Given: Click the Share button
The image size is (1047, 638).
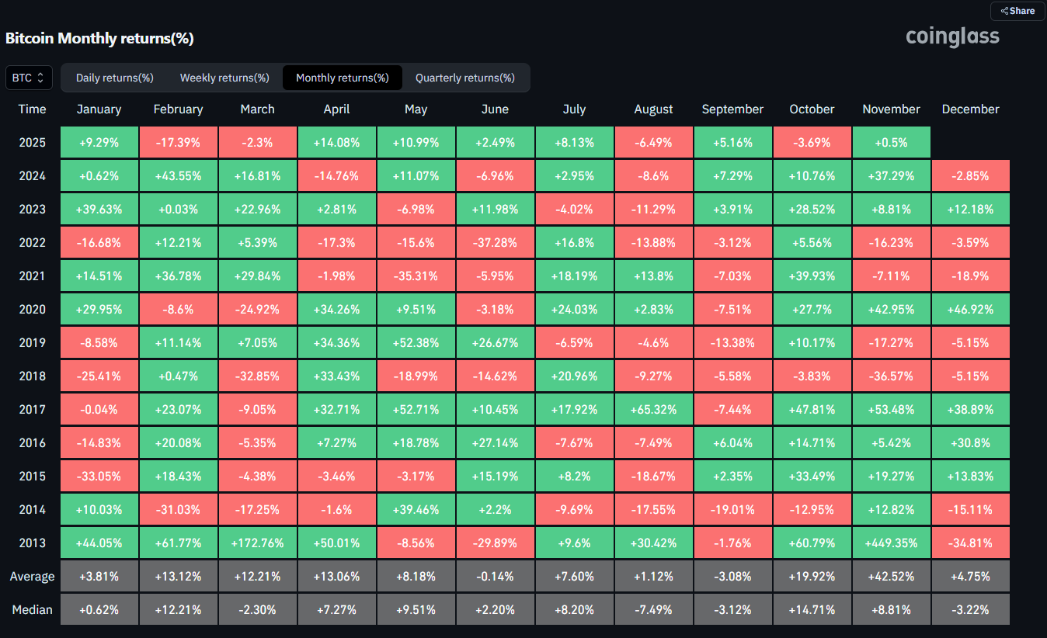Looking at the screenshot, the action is pyautogui.click(x=1017, y=11).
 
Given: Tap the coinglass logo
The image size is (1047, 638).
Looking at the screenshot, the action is pyautogui.click(x=952, y=37).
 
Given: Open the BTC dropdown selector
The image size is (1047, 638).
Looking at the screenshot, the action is pyautogui.click(x=29, y=78).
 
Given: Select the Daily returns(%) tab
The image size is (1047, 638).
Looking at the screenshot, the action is pyautogui.click(x=114, y=78).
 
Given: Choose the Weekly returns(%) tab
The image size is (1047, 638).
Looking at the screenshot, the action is pyautogui.click(x=224, y=78).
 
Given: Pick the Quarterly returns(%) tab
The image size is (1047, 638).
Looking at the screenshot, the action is pyautogui.click(x=465, y=78).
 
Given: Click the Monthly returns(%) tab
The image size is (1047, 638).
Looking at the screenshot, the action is pyautogui.click(x=343, y=78).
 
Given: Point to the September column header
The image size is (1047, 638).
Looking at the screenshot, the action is pyautogui.click(x=732, y=109).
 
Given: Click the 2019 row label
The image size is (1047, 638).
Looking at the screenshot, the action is pyautogui.click(x=33, y=343).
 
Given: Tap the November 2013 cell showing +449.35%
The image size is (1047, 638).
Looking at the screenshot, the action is pyautogui.click(x=892, y=543).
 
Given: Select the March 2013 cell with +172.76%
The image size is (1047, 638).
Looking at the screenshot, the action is pyautogui.click(x=258, y=543).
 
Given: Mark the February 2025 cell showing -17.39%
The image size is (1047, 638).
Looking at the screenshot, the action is pyautogui.click(x=178, y=143).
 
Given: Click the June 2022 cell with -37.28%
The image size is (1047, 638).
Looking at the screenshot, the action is pyautogui.click(x=495, y=243).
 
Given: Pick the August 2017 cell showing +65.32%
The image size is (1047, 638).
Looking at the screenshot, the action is pyautogui.click(x=653, y=410).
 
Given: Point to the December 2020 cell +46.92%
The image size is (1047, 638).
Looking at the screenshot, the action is pyautogui.click(x=970, y=309).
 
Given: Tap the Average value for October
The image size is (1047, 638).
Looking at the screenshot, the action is pyautogui.click(x=812, y=577).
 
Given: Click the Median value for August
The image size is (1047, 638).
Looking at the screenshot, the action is pyautogui.click(x=653, y=609).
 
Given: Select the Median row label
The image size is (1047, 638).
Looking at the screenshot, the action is pyautogui.click(x=33, y=609).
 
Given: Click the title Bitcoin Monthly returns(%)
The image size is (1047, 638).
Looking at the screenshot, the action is pyautogui.click(x=99, y=38).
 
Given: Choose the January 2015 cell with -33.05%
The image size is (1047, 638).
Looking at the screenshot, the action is pyautogui.click(x=99, y=476).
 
